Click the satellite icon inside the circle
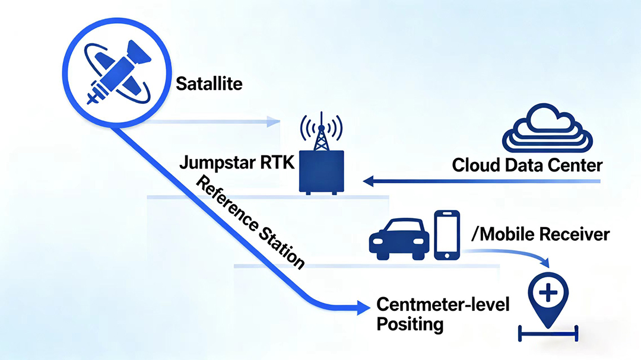pos(119,74)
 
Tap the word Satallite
pos(209,84)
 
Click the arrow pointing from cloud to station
pos(475,180)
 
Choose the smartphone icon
pos(448,235)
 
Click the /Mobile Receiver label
pos(540,234)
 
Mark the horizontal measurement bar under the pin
pos(548,333)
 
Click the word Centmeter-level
pos(443,305)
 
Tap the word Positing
pos(410,324)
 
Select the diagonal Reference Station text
pos(250,222)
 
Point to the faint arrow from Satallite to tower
pos(214,122)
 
